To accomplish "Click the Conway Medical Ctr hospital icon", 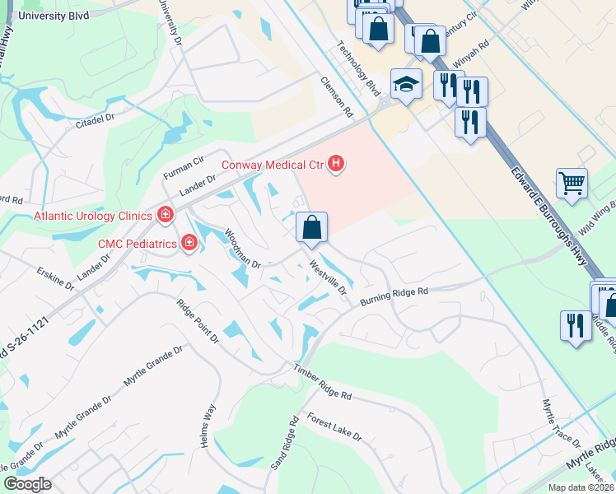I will point(335,165).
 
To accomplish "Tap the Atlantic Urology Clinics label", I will point(93,217).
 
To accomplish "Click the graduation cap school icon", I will point(406,83).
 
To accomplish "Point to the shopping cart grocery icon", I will point(572,183).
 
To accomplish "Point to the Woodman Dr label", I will point(242,249).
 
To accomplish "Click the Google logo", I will point(27,484).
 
